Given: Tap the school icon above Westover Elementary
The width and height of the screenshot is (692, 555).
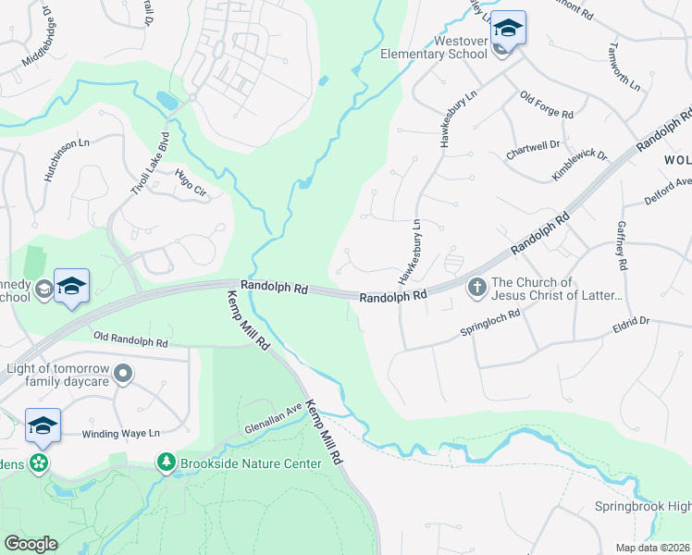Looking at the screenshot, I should pyautogui.click(x=507, y=28).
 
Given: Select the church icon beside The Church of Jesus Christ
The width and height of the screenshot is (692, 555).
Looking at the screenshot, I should pyautogui.click(x=477, y=288).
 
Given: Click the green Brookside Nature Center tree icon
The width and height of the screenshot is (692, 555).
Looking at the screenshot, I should pyautogui.click(x=167, y=461).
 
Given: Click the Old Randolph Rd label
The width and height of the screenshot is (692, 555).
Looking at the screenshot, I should pyautogui.click(x=130, y=341).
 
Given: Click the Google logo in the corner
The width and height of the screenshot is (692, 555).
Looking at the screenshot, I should pyautogui.click(x=31, y=543).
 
